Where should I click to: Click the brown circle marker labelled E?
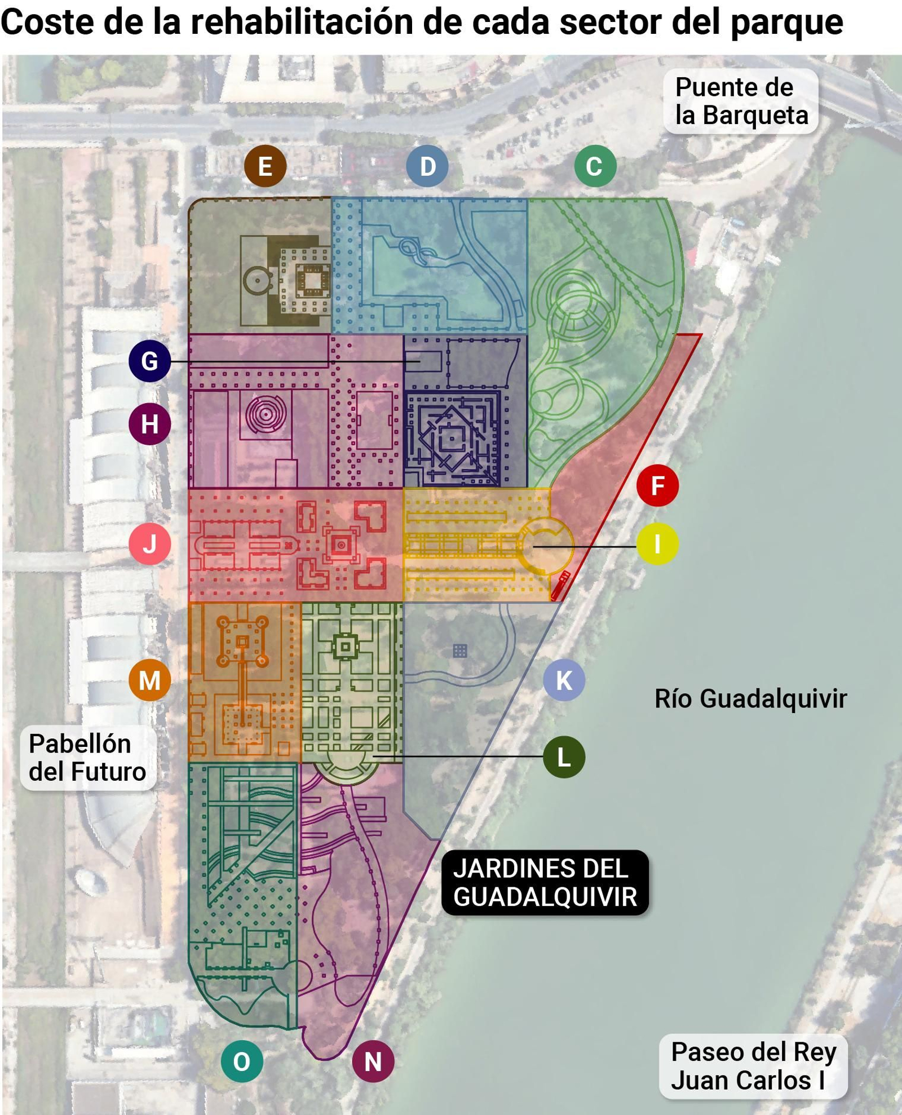(x=265, y=166)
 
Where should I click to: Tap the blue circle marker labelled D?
(x=427, y=166)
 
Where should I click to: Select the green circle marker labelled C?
(x=595, y=166)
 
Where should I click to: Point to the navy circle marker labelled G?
(x=149, y=361)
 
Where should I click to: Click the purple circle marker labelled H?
(x=149, y=424)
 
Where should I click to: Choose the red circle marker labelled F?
(x=657, y=485)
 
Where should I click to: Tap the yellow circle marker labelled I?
(x=657, y=544)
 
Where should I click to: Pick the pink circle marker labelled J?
(x=149, y=544)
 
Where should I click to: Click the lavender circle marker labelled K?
(x=564, y=680)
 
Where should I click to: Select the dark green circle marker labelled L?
(x=564, y=757)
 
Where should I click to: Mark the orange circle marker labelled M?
(x=149, y=680)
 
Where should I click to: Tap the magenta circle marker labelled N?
(x=373, y=1061)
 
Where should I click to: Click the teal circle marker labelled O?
(x=242, y=1061)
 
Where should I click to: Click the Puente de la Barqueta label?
(x=741, y=101)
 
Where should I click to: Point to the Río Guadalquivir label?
(x=750, y=698)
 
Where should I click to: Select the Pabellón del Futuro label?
(x=87, y=758)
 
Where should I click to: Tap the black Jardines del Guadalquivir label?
(x=545, y=882)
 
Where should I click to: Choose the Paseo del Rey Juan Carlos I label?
(x=753, y=1066)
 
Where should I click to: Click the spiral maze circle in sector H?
(x=266, y=414)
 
